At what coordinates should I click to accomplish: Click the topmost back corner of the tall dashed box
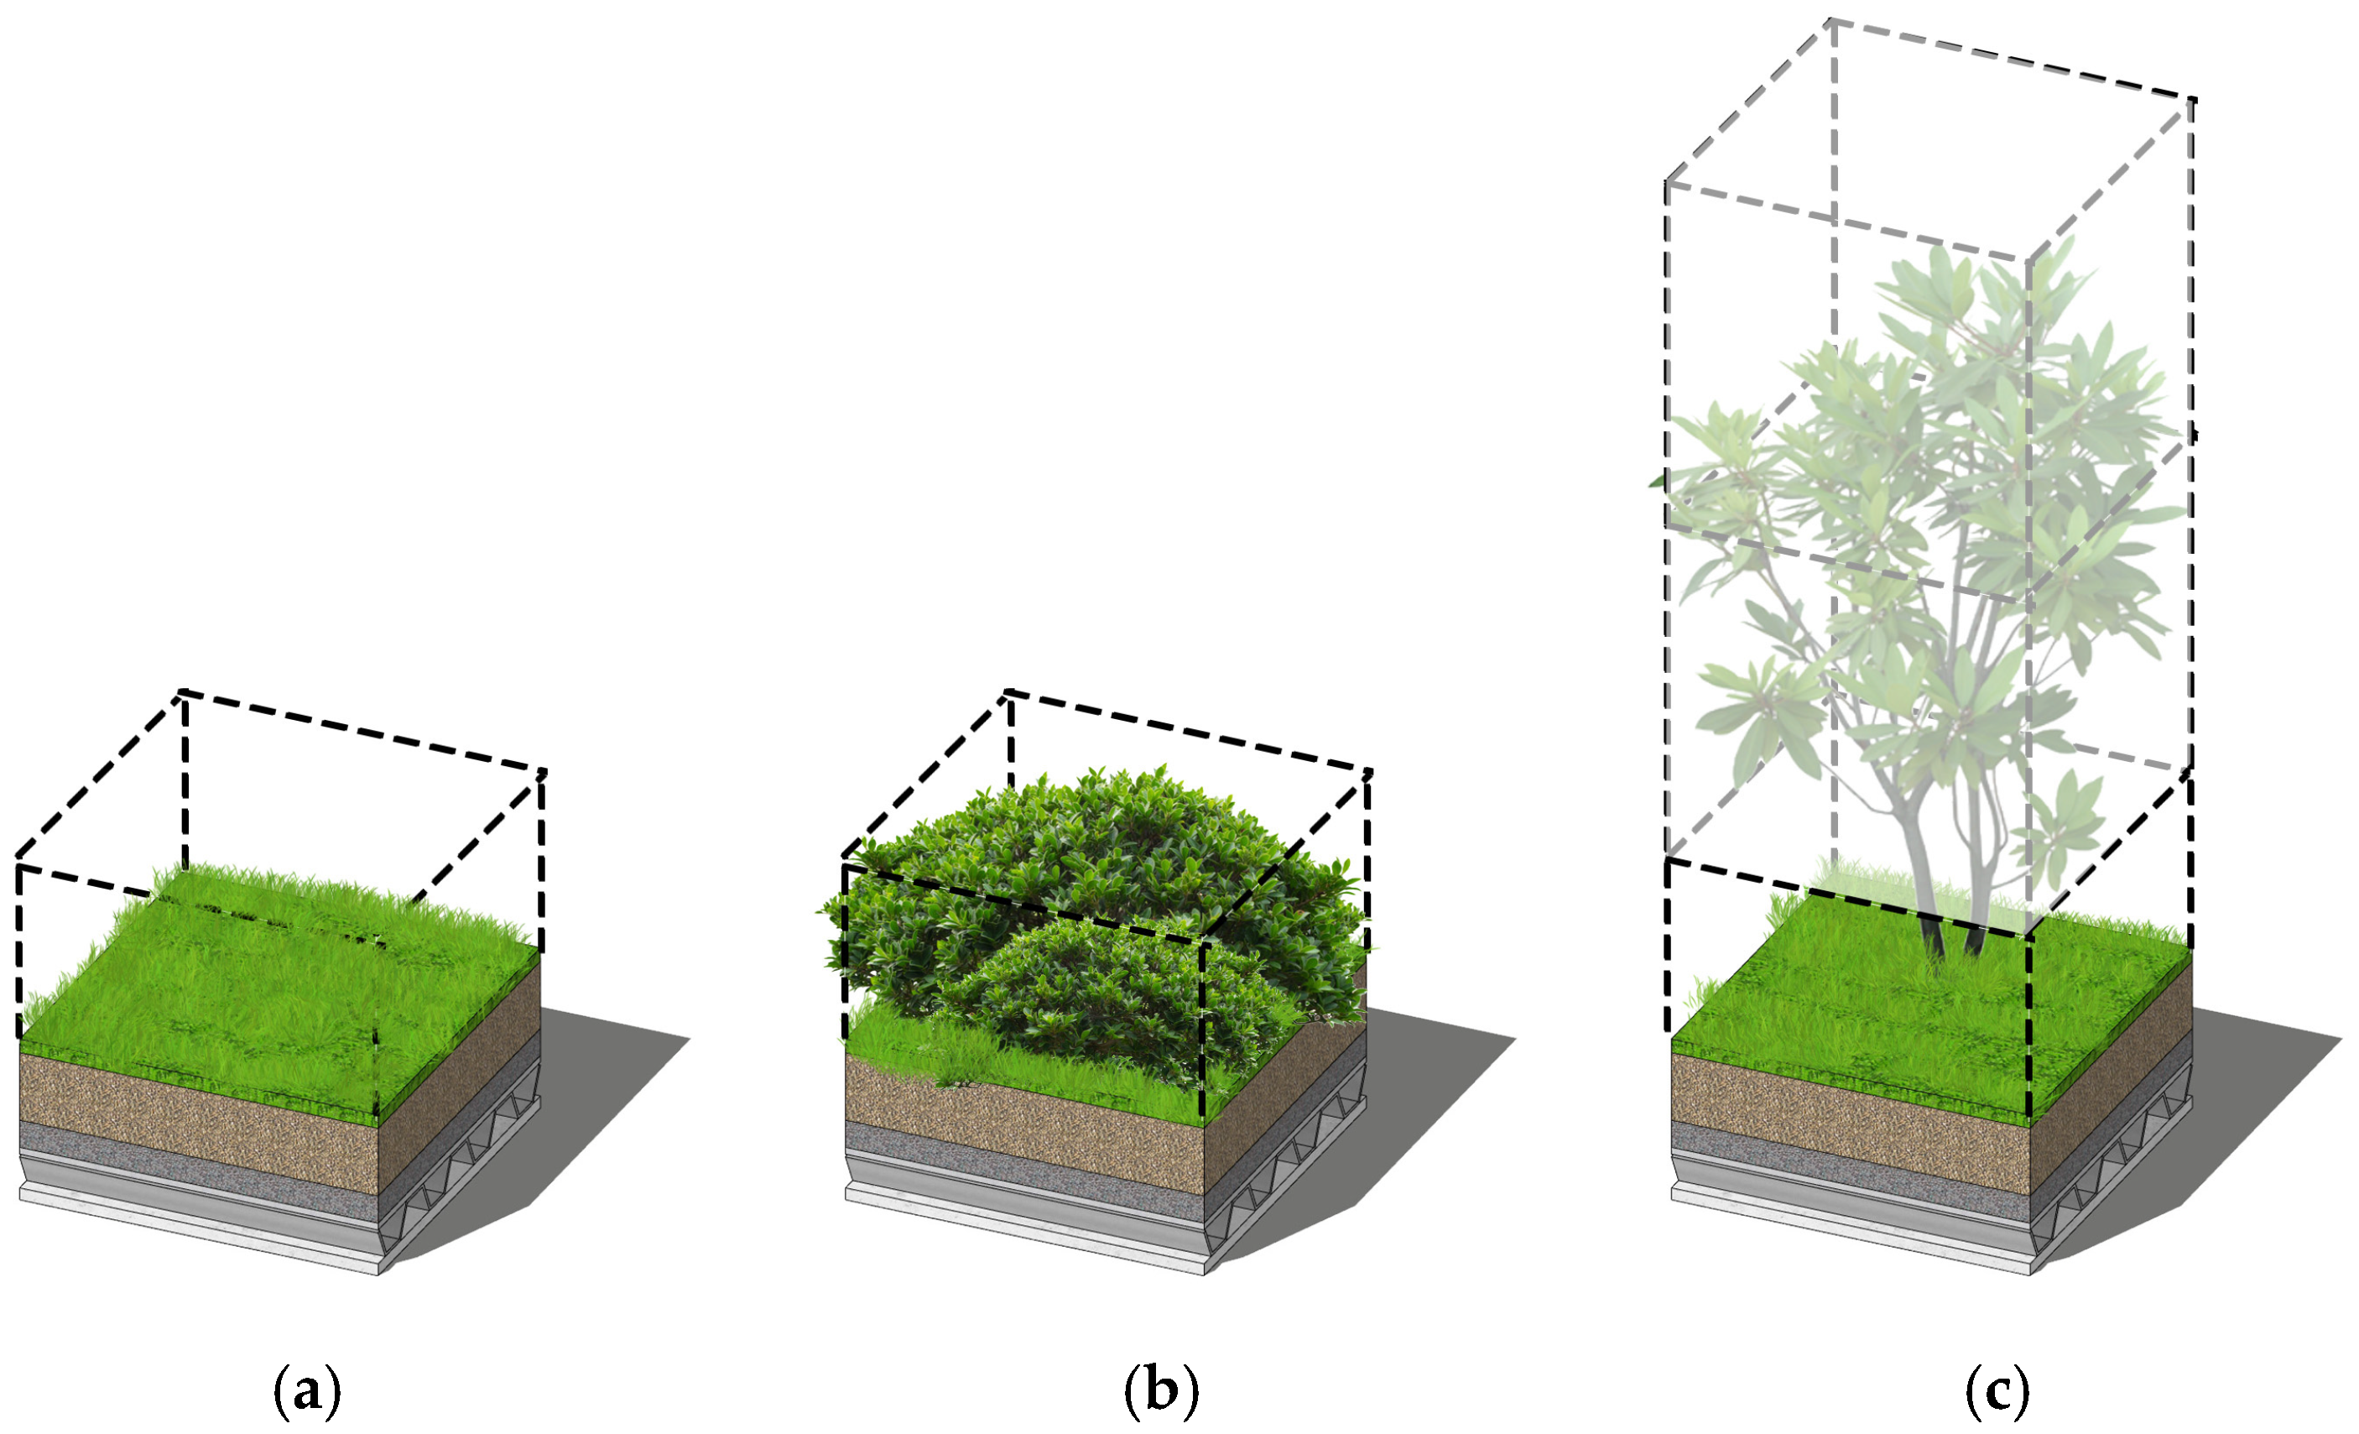[x=1831, y=20]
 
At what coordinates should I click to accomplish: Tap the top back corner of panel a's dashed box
[x=182, y=691]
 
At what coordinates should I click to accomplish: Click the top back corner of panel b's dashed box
[x=1008, y=691]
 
